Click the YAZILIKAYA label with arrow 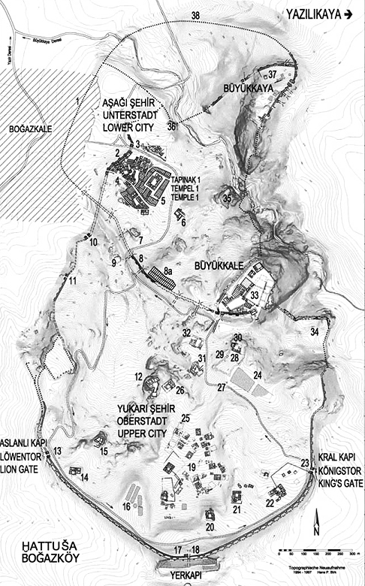click(x=319, y=13)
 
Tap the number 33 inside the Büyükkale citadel click(x=255, y=295)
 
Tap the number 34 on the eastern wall click(x=314, y=331)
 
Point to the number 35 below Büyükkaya click(x=227, y=198)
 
